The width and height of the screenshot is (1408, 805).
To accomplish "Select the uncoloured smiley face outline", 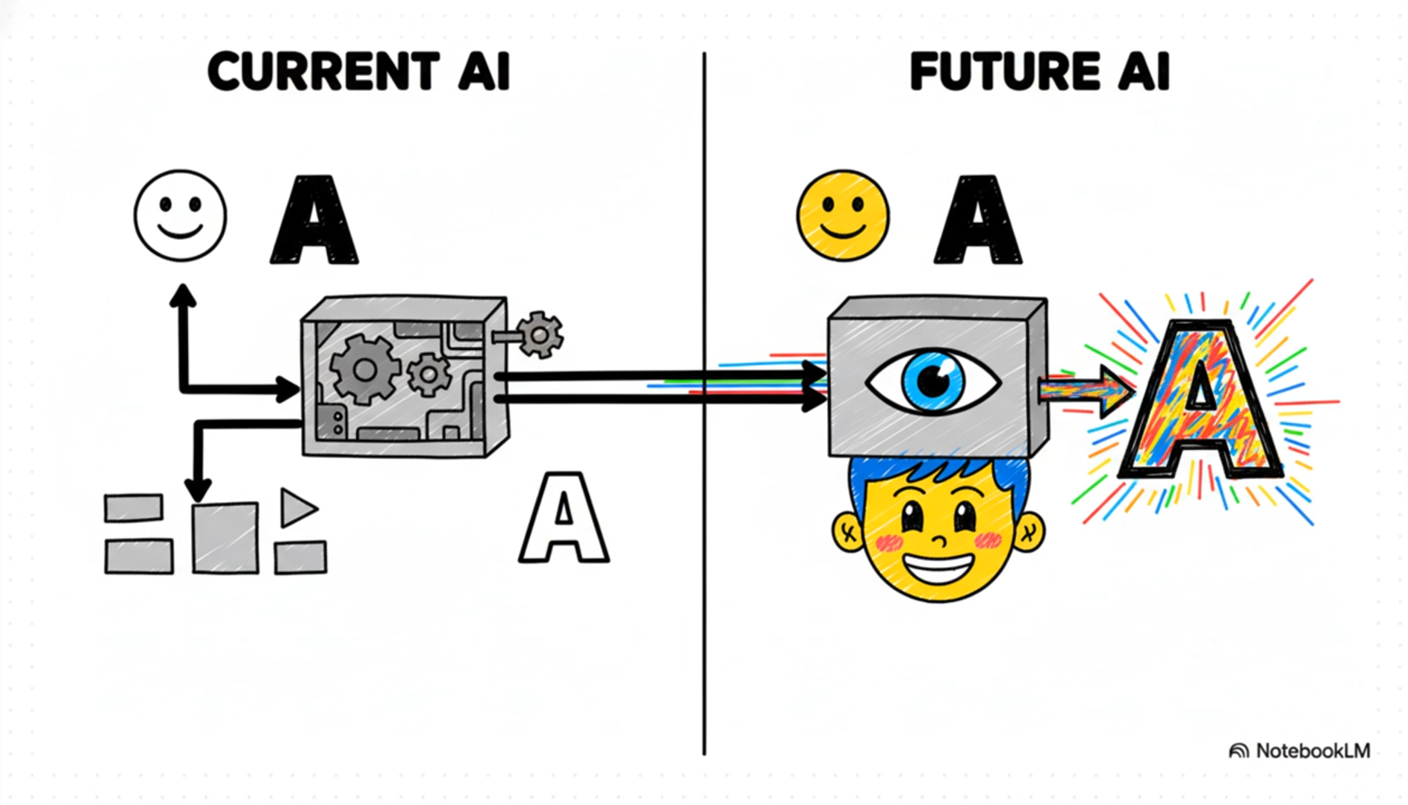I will [180, 216].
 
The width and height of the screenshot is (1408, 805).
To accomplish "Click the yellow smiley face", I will [843, 216].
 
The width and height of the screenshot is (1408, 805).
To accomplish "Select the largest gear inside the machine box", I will [364, 369].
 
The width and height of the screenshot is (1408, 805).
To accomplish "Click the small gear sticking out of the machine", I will [540, 334].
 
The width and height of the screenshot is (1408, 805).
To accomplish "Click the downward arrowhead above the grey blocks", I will [198, 490].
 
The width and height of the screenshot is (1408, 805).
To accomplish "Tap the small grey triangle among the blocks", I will [296, 508].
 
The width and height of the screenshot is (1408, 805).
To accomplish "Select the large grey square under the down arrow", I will [225, 538].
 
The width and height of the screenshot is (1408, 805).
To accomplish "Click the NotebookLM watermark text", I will [1312, 751].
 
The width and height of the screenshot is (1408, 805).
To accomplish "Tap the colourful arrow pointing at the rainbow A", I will [1086, 390].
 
